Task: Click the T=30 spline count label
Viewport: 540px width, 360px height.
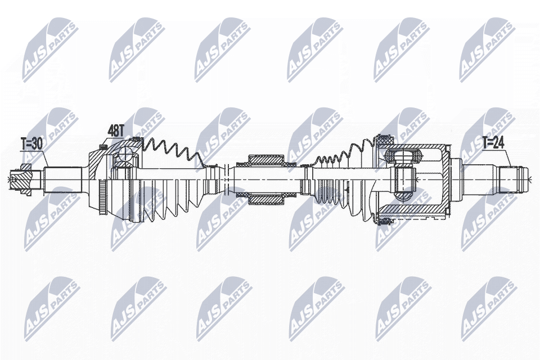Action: pos(31,144)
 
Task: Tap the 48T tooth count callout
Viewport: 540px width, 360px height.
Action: pos(116,130)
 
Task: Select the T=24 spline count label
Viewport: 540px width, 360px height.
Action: pos(493,142)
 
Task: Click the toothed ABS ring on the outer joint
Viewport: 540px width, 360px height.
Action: pos(101,197)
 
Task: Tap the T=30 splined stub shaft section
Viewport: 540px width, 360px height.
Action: pos(62,179)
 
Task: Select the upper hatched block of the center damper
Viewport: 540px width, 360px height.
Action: pos(266,160)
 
